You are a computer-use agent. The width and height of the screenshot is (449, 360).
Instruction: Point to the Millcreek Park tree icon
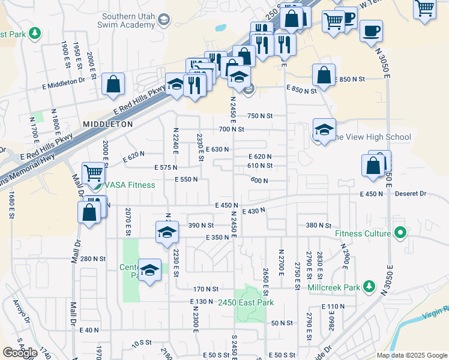tap(369, 287)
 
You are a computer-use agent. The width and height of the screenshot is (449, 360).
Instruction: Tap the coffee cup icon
tap(371, 31)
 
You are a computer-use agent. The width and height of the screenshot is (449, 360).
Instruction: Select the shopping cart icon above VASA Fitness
tap(93, 173)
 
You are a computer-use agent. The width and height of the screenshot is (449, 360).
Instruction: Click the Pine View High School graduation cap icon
tap(324, 130)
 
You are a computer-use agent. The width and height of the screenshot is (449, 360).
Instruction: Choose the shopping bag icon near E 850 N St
tap(324, 76)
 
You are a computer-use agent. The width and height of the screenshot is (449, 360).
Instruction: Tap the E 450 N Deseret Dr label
tap(393, 194)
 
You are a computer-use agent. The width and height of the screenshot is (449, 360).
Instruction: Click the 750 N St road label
tap(260, 116)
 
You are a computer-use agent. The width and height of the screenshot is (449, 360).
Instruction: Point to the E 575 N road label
tap(166, 167)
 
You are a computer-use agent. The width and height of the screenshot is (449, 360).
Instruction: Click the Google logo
tap(20, 353)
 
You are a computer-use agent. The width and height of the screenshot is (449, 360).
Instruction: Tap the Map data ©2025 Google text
tap(411, 355)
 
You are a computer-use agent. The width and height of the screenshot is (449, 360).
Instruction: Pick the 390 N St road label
tap(201, 225)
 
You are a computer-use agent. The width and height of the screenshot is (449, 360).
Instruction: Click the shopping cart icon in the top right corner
tap(424, 8)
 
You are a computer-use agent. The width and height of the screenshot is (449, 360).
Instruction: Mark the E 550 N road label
tap(187, 179)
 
